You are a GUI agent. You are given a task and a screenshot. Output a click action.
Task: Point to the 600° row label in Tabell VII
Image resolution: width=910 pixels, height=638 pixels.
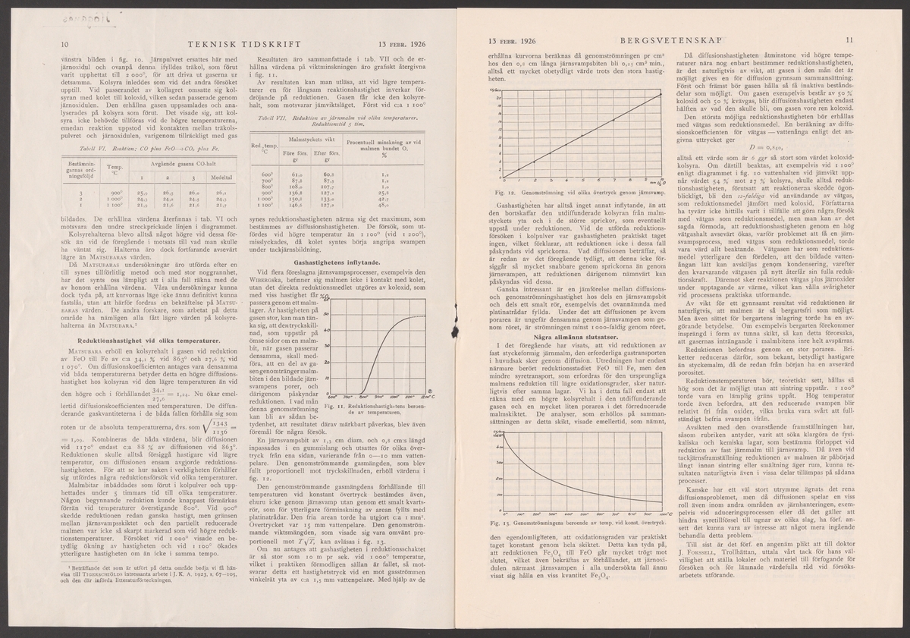(x=268, y=174)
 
